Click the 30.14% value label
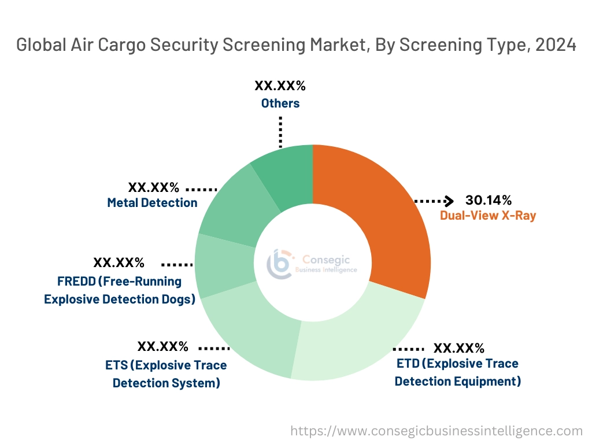[489, 201]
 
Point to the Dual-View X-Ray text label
[488, 216]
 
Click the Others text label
[280, 103]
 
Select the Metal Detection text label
[152, 203]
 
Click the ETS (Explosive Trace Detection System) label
[166, 374]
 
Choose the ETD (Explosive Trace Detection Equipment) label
[457, 372]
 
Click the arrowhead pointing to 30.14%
[449, 201]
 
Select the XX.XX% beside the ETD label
[459, 348]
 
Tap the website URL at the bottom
[436, 431]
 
